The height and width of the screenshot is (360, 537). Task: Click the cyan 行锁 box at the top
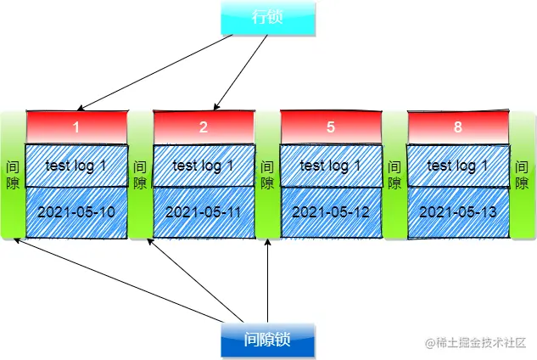point(267,19)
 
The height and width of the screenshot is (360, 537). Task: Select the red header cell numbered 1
point(76,127)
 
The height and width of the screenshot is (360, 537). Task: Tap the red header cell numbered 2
point(204,127)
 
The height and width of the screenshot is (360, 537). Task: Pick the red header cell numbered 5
point(331,127)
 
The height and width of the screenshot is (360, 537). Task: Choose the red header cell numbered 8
point(458,127)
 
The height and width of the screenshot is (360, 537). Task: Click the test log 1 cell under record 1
point(76,166)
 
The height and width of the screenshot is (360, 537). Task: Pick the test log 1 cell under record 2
point(204,166)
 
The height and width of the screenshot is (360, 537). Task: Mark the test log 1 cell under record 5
point(331,166)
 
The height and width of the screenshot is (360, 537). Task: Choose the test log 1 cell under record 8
point(458,166)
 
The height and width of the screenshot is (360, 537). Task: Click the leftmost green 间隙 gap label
point(13,175)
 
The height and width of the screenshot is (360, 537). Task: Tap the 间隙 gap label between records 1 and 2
point(140,175)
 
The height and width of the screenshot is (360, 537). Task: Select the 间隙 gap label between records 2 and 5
point(267,175)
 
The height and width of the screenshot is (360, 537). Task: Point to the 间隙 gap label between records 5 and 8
point(394,175)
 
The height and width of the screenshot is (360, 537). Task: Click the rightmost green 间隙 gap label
point(522,175)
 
